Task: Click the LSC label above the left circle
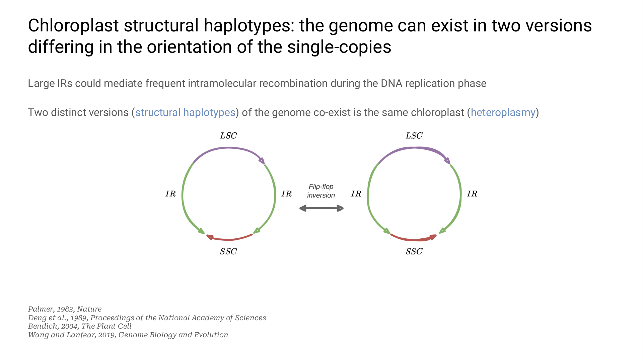(228, 136)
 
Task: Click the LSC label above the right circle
(414, 136)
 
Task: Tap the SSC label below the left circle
(228, 251)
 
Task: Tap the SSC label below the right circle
(414, 251)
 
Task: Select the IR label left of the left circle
(170, 194)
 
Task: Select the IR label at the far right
(472, 194)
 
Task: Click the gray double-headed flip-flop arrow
(321, 208)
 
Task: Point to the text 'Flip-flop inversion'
(321, 191)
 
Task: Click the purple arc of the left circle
(228, 148)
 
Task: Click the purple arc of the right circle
(414, 148)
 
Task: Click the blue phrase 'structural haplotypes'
(185, 113)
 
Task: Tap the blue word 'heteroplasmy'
(503, 113)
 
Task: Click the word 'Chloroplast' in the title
(73, 26)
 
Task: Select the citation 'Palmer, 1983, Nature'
(65, 309)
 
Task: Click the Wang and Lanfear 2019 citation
(128, 335)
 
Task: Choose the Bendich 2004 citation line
(80, 326)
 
